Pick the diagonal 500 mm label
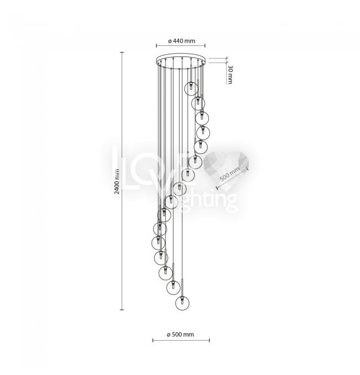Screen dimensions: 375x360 [x=229, y=177]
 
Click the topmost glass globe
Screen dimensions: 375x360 [x=192, y=87]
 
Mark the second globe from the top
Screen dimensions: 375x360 [x=198, y=103]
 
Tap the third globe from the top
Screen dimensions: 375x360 [x=202, y=117]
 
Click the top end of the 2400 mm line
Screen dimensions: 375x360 [x=122, y=52]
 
